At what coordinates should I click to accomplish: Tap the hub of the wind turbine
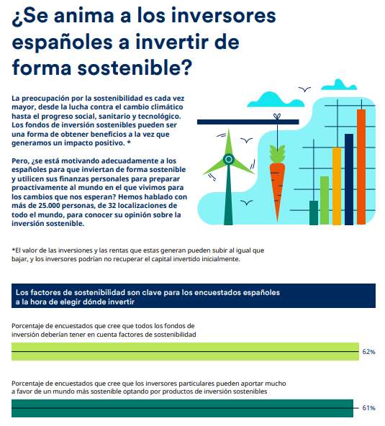229,159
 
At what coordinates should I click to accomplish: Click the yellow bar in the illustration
336,186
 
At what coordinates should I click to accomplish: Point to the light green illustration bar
325,200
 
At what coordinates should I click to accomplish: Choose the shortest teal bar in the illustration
313,212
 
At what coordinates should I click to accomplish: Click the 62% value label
369,352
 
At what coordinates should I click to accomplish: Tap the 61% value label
368,408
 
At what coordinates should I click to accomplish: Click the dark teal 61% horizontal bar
183,408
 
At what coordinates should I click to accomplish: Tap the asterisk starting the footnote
14,250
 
